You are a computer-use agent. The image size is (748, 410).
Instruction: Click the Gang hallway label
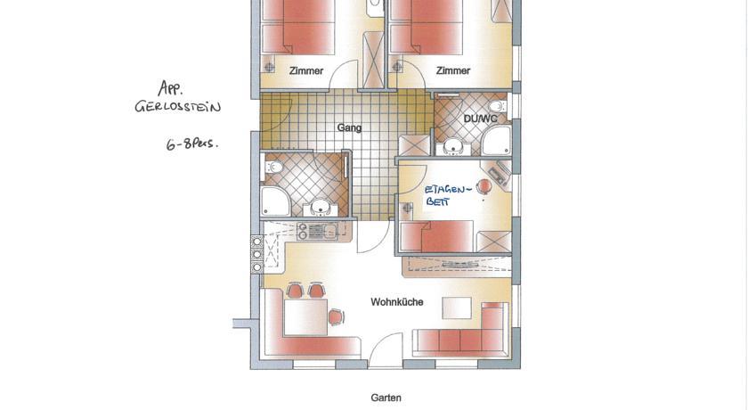tap(349, 128)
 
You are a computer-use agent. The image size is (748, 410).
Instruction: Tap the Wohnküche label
tap(397, 302)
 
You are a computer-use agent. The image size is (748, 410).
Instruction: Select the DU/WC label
tap(480, 119)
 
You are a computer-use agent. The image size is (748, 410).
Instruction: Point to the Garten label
tap(386, 398)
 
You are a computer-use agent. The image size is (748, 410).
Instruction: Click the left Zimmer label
tap(306, 70)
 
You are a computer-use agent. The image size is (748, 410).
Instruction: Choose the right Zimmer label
tap(453, 70)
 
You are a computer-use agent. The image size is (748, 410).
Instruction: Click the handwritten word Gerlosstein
tap(178, 106)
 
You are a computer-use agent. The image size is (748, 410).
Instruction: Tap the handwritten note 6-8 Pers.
tap(191, 143)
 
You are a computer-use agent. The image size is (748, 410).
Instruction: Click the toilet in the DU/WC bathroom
tap(497, 106)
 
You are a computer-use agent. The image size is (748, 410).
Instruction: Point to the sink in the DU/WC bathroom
tap(452, 147)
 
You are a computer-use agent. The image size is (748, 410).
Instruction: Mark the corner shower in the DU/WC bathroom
tap(496, 141)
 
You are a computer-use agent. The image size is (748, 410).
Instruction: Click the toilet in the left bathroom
tap(273, 167)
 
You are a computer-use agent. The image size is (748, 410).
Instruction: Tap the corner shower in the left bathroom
tap(276, 201)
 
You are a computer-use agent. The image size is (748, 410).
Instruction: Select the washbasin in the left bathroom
tap(320, 208)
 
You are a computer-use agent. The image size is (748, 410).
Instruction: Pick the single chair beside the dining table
tap(337, 316)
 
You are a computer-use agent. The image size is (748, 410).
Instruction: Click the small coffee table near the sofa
tap(457, 308)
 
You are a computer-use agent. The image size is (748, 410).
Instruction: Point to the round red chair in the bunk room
tap(484, 186)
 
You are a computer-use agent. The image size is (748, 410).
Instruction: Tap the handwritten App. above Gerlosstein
tap(171, 88)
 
